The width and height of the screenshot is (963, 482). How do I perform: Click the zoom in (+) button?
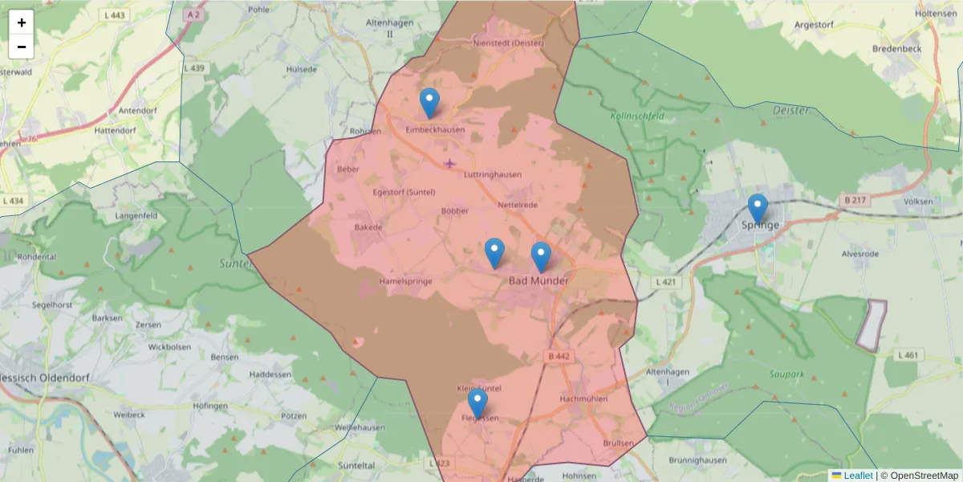22,22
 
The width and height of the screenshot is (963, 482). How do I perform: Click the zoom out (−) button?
22,47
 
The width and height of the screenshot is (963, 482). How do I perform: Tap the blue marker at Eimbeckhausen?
430,104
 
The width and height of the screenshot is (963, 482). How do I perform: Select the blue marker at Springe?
758,209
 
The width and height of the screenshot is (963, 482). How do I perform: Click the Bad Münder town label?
538,281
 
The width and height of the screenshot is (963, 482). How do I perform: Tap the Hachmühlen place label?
583,398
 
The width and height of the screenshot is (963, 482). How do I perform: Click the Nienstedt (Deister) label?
509,43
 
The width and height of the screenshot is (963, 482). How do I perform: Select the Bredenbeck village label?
897,48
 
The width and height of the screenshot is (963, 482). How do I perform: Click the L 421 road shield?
667,282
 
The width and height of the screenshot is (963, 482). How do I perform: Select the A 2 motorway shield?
192,14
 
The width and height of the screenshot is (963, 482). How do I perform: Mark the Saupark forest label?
786,374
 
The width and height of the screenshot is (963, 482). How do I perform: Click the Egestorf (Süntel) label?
404,192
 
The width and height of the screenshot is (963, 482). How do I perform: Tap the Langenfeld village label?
136,216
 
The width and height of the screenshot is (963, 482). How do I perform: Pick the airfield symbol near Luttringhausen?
449,164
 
